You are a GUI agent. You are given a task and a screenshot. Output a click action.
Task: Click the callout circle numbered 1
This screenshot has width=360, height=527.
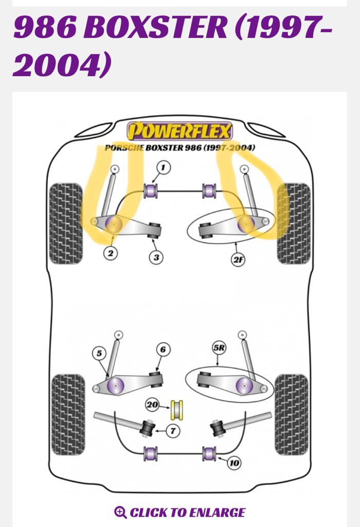[164, 167]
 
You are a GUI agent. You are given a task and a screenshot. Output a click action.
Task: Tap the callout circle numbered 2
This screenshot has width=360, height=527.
[110, 253]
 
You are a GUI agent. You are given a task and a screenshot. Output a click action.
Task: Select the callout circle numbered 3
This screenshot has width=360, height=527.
[156, 257]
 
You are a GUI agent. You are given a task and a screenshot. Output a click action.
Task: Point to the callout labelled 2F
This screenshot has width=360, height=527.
[238, 259]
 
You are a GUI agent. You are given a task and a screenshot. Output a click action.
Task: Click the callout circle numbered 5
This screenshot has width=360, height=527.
[99, 354]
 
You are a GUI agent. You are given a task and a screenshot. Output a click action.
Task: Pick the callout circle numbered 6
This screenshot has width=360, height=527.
[163, 350]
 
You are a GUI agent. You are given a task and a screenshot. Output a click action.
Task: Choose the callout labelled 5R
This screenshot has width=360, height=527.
[220, 348]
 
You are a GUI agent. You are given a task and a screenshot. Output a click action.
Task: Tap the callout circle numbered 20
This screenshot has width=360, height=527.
[152, 405]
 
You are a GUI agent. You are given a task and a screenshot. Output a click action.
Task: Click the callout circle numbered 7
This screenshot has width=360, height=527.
[173, 431]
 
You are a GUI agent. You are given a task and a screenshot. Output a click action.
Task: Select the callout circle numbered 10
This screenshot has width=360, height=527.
[234, 463]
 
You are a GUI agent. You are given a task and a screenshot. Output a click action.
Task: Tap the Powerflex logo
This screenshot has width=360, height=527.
[179, 132]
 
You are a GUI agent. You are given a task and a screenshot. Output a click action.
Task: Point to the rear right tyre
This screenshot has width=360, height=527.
[292, 414]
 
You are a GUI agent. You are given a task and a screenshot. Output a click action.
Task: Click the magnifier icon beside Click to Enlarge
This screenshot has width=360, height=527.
[120, 512]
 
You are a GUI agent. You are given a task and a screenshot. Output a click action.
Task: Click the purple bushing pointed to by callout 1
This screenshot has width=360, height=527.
[152, 190]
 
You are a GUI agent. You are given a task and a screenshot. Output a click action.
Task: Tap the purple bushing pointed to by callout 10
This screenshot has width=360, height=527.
[208, 454]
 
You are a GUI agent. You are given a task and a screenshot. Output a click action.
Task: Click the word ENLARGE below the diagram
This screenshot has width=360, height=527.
[216, 512]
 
